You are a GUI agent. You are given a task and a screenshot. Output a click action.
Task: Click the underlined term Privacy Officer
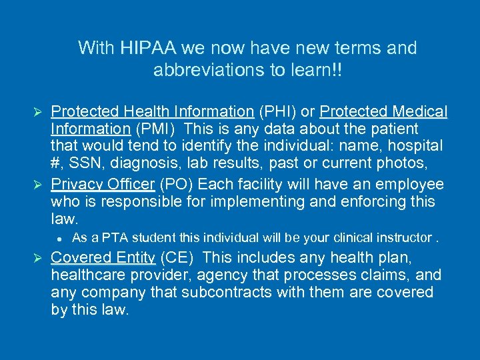(x=103, y=185)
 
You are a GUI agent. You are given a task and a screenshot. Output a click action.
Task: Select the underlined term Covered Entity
(x=103, y=258)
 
